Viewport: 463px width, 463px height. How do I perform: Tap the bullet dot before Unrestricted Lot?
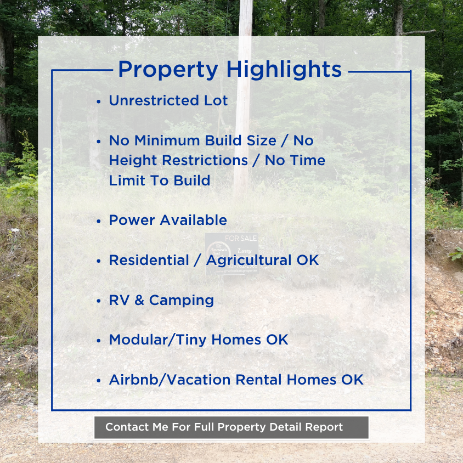tap(98, 102)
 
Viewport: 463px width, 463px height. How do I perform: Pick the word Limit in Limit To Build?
tap(126, 180)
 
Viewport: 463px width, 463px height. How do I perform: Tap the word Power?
tap(132, 220)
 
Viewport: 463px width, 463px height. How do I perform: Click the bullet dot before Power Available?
tap(98, 221)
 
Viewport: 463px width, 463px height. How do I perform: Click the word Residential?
tap(146, 260)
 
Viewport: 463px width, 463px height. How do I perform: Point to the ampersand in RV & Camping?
tap(140, 300)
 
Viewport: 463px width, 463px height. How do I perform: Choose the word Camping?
tap(181, 301)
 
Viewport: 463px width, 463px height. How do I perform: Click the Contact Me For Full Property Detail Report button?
tap(231, 427)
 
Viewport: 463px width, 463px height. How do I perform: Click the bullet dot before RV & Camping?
tap(98, 301)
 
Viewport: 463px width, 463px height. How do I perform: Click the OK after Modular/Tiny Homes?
tap(276, 340)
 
